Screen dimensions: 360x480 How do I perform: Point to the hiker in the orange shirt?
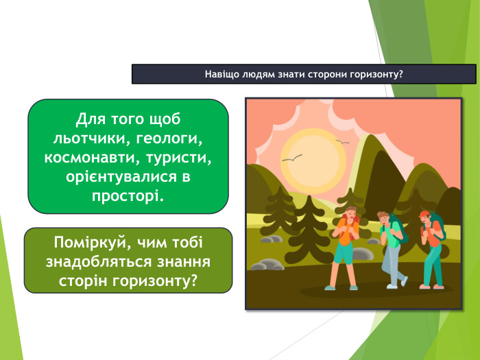(x=345, y=243)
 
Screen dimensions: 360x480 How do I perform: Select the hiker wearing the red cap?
(x=430, y=247)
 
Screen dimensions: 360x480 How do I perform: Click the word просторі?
(x=128, y=197)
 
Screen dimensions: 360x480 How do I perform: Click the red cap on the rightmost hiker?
(x=424, y=213)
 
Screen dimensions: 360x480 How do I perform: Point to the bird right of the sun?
(x=342, y=142)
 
